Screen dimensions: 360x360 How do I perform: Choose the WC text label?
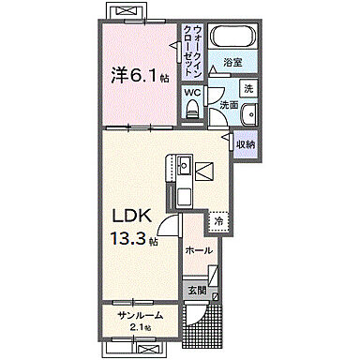[192, 93]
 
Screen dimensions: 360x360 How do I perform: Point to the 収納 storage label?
[247, 143]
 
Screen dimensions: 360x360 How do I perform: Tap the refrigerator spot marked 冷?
[218, 222]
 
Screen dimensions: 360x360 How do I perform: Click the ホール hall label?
[198, 250]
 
